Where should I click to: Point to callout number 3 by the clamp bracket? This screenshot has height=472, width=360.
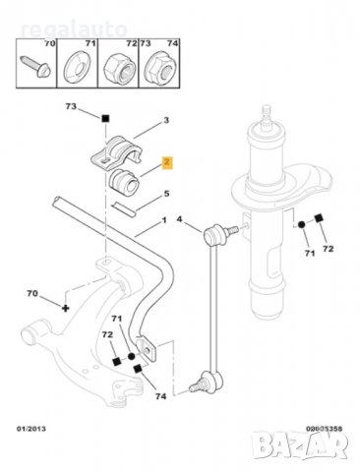coord(166,120)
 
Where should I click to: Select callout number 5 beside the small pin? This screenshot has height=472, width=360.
coord(166,194)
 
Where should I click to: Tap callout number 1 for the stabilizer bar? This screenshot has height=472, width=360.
coord(167,221)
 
